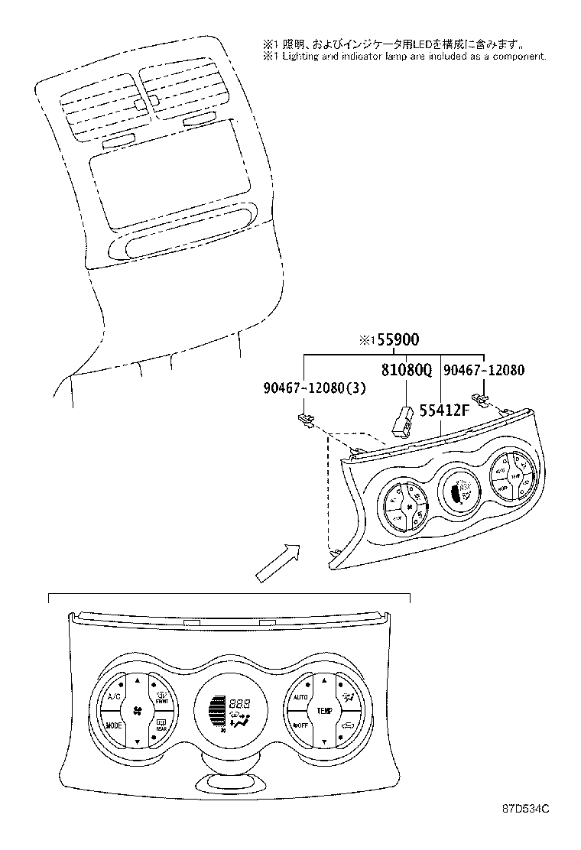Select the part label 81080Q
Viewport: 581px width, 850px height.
pyautogui.click(x=407, y=371)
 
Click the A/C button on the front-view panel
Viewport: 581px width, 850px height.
pyautogui.click(x=114, y=697)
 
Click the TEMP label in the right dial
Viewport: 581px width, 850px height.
pyautogui.click(x=325, y=711)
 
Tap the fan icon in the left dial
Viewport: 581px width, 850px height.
pyautogui.click(x=138, y=711)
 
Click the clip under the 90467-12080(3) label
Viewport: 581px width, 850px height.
pyautogui.click(x=305, y=418)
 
